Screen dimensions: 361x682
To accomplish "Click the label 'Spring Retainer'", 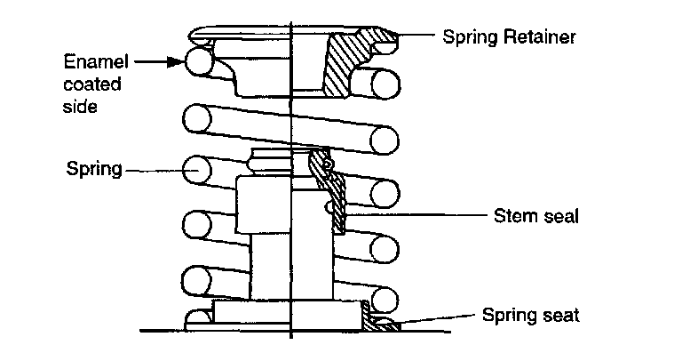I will (x=509, y=37).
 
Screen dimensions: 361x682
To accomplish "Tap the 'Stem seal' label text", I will (x=535, y=216).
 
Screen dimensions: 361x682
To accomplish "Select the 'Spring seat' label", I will (x=531, y=315).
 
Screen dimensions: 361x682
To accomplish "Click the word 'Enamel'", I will (x=97, y=62).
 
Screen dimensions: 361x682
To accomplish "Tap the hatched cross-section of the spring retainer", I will (x=341, y=67).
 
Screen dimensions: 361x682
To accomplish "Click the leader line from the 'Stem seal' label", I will (x=417, y=214).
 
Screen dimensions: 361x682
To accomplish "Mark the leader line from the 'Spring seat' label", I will (x=435, y=317).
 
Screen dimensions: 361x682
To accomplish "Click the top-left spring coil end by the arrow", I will (x=197, y=61).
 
